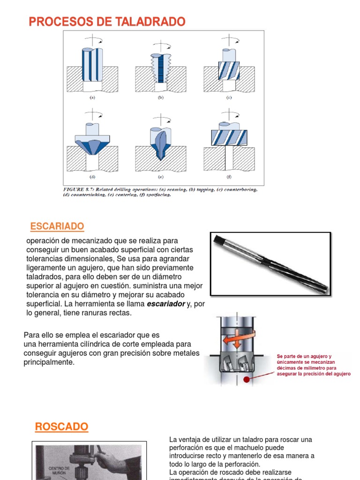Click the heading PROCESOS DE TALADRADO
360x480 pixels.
(x=107, y=22)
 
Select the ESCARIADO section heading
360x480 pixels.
(x=57, y=227)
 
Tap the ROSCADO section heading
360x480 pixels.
(x=61, y=427)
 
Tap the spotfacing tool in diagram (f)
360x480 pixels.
(x=229, y=137)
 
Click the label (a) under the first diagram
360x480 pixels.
(x=92, y=98)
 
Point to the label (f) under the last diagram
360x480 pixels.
(x=229, y=177)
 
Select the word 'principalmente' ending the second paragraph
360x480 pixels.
(x=49, y=362)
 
